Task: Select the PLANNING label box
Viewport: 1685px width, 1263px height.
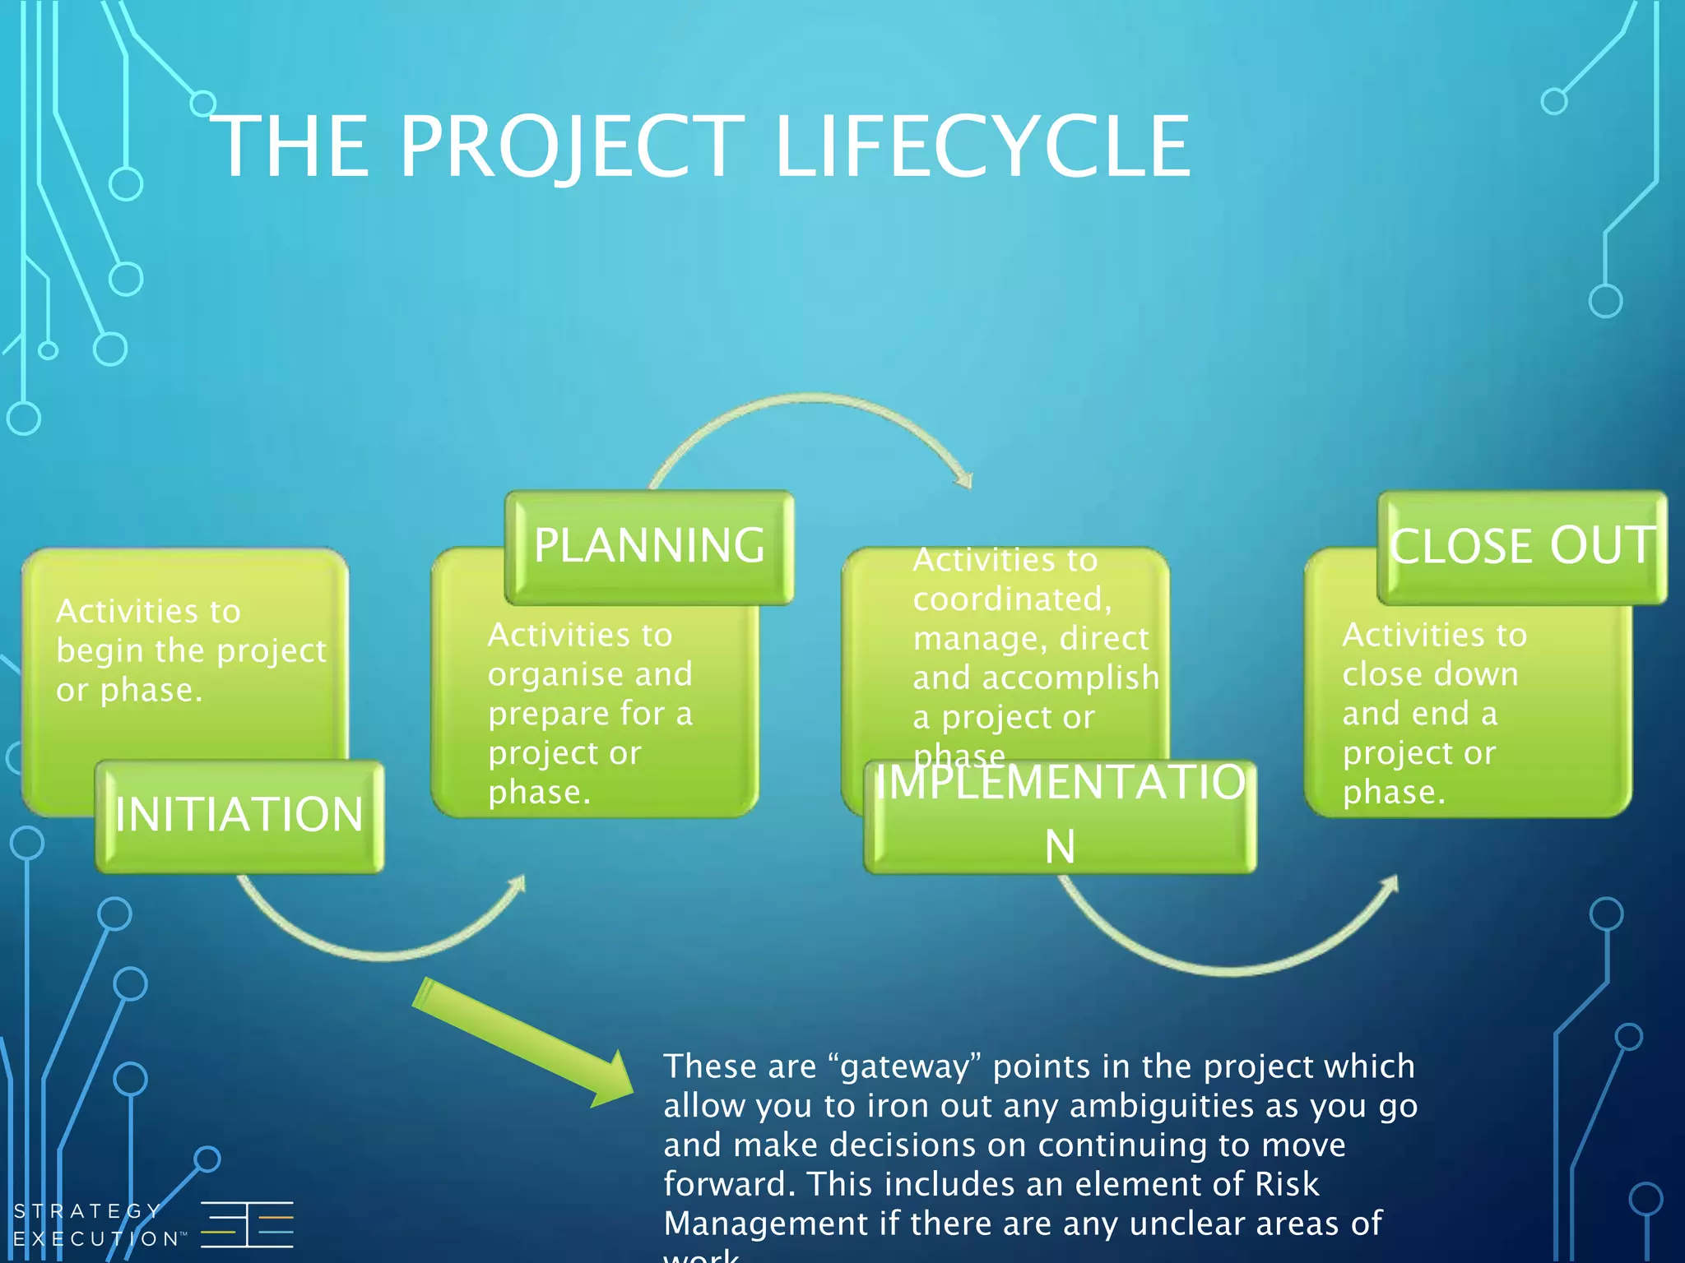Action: click(x=649, y=547)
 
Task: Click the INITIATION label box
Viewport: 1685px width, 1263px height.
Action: click(x=239, y=816)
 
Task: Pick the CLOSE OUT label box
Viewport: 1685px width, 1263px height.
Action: click(x=1522, y=547)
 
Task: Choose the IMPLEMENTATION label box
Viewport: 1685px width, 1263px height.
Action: click(x=1060, y=816)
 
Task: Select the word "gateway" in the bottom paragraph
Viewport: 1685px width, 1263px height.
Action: click(x=910, y=1067)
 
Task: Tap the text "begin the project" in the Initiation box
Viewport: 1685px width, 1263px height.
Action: click(x=191, y=651)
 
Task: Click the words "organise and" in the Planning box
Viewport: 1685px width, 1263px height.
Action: click(x=590, y=674)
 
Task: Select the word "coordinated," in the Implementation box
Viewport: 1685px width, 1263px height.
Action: click(x=1012, y=599)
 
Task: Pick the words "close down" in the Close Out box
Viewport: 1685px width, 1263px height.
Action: click(x=1430, y=674)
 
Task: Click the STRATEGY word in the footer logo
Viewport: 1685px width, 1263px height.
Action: click(x=87, y=1211)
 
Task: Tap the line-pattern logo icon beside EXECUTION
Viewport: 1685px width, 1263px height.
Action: click(x=247, y=1224)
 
